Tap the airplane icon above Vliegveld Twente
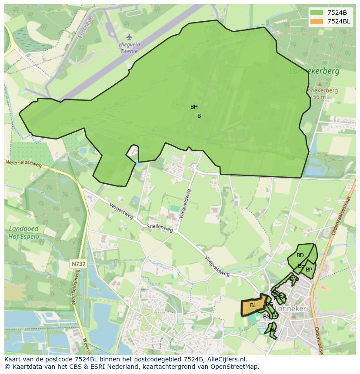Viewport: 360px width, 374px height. [x=129, y=37]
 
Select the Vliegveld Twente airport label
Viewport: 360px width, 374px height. [x=128, y=48]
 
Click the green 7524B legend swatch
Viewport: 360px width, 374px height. [x=317, y=13]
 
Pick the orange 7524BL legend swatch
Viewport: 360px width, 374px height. [x=317, y=21]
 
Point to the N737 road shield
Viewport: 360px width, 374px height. [x=78, y=264]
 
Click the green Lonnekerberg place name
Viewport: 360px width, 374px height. [x=315, y=71]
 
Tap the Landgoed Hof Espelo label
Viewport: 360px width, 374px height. [x=23, y=233]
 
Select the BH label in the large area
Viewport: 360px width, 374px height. [x=194, y=107]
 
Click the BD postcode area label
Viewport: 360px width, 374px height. [x=300, y=255]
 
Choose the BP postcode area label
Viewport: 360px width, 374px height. [x=309, y=270]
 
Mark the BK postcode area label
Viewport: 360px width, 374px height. [x=273, y=331]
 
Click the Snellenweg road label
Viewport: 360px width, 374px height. [x=160, y=227]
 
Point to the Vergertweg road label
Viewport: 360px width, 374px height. [x=121, y=211]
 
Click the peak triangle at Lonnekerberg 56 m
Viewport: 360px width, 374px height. [x=320, y=84]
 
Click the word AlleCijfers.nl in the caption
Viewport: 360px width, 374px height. [x=226, y=359]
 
